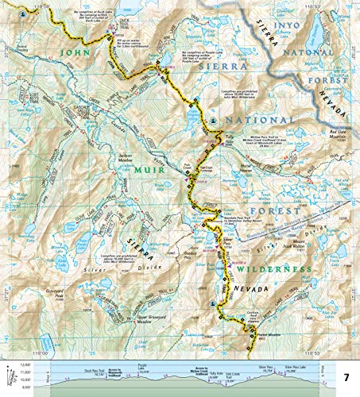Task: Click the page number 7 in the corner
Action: (346, 374)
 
